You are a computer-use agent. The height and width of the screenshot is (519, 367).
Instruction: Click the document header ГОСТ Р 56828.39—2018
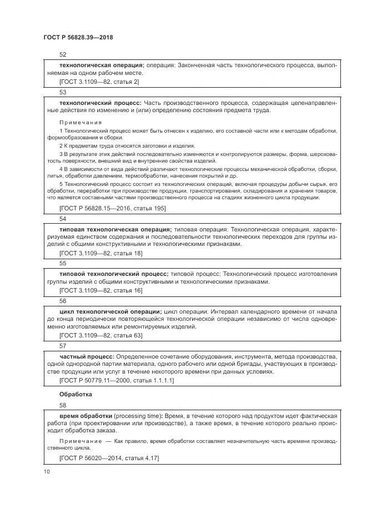pyautogui.click(x=78, y=37)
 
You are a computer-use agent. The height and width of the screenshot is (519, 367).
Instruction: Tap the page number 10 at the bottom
pyautogui.click(x=46, y=471)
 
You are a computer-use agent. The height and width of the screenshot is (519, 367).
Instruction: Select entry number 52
pyautogui.click(x=63, y=54)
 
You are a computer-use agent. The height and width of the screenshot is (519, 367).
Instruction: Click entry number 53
pyautogui.click(x=63, y=92)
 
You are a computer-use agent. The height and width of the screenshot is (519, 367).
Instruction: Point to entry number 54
pyautogui.click(x=63, y=219)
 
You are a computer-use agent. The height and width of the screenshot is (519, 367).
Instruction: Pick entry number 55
pyautogui.click(x=63, y=263)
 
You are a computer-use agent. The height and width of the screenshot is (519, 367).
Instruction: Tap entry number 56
pyautogui.click(x=63, y=300)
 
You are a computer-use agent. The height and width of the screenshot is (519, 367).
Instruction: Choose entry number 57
pyautogui.click(x=63, y=345)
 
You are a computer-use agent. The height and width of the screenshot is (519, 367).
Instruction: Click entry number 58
pyautogui.click(x=63, y=406)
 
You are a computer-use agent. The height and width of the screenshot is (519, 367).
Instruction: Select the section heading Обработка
pyautogui.click(x=76, y=394)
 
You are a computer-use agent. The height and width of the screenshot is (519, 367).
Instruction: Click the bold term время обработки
pyautogui.click(x=86, y=416)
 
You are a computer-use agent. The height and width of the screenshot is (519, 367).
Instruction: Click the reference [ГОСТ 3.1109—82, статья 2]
pyautogui.click(x=99, y=82)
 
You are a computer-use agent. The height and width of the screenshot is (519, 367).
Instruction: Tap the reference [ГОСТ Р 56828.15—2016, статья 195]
pyautogui.click(x=112, y=208)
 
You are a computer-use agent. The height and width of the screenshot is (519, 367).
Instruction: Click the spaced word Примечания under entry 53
pyautogui.click(x=81, y=122)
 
